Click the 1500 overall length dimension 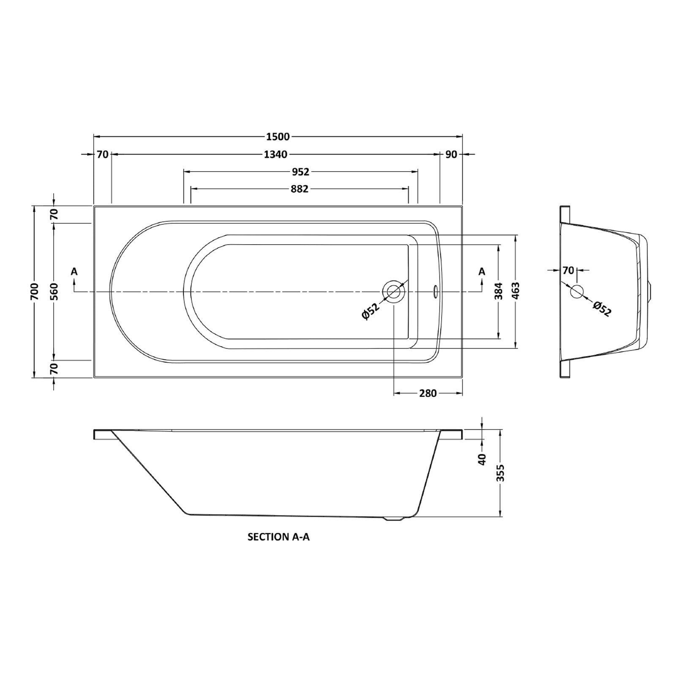[278, 136]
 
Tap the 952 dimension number [301, 172]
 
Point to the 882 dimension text [300, 189]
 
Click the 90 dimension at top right [451, 154]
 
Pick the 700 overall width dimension [35, 292]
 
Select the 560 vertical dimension [54, 292]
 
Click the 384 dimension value [499, 291]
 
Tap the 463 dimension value [516, 291]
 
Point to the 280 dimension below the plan [428, 393]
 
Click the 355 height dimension [501, 473]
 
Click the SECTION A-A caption [278, 537]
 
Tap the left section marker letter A [74, 272]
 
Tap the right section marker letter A [482, 272]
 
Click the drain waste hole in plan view [394, 292]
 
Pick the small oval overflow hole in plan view [435, 290]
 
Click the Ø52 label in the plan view [371, 312]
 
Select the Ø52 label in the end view [602, 309]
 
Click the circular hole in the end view [577, 292]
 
